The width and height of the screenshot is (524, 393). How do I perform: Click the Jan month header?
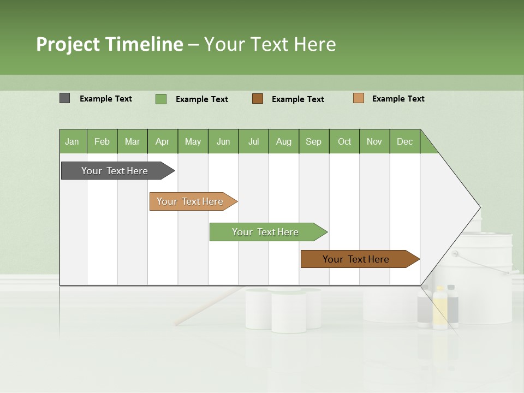[x=73, y=141]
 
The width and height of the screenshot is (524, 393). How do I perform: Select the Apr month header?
[x=163, y=141]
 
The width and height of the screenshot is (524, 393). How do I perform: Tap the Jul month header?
[x=253, y=141]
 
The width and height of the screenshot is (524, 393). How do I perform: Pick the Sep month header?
[x=314, y=141]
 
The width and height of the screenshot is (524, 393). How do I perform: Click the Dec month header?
[x=404, y=141]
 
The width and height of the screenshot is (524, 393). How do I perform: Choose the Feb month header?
[x=102, y=141]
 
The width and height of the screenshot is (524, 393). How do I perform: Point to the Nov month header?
[x=374, y=141]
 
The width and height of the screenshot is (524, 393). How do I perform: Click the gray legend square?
[x=65, y=98]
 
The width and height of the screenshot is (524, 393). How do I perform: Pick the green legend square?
[x=161, y=99]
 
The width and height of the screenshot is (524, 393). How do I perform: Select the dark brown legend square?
[x=258, y=99]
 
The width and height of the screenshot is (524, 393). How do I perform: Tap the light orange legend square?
[x=358, y=98]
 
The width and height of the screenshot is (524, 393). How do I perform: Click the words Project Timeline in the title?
[x=109, y=44]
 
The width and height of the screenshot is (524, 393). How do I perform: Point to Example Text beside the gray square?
[x=106, y=99]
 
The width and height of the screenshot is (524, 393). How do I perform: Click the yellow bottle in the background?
[x=439, y=309]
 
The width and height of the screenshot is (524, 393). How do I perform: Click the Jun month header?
[x=223, y=141]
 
